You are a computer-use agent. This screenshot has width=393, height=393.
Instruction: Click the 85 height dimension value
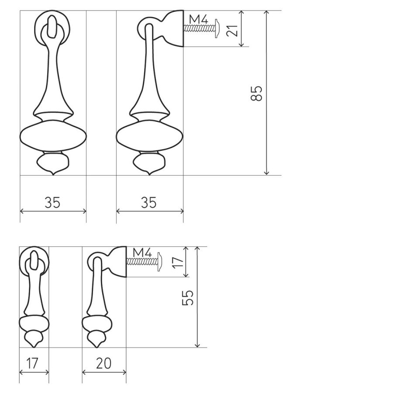(256, 93)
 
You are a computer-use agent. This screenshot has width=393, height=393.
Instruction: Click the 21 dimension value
(232, 31)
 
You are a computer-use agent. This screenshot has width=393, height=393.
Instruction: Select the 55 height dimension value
(187, 297)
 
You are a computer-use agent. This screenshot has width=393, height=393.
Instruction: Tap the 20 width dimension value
(103, 363)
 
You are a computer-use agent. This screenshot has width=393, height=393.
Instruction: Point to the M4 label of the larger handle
(199, 19)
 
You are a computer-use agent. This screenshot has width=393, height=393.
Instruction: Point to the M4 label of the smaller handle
(142, 252)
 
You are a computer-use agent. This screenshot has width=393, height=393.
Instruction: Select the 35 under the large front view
(52, 202)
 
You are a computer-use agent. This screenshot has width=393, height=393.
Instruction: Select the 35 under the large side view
(148, 202)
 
